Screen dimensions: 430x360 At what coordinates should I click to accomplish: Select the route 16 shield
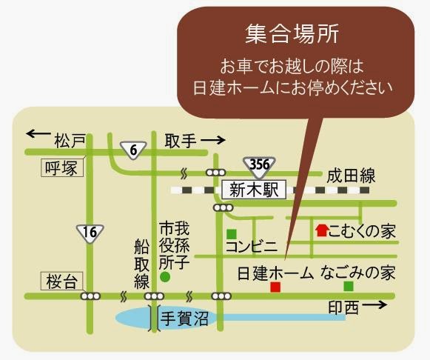[90, 234]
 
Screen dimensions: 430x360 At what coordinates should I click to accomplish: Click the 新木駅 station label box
[254, 190]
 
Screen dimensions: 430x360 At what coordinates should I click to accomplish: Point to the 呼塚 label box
[62, 167]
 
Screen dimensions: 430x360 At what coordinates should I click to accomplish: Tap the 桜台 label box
[61, 281]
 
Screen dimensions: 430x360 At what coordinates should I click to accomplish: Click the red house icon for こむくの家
[321, 230]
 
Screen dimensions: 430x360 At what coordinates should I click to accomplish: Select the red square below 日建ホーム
[275, 287]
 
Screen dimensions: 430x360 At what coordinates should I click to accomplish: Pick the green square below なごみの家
[349, 287]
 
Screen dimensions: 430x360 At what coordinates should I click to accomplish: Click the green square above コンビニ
[232, 234]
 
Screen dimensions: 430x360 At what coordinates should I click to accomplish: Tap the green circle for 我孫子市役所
[165, 277]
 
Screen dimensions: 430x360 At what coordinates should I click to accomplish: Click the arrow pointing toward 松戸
[38, 134]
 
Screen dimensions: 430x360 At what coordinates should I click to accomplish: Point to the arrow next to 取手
[213, 140]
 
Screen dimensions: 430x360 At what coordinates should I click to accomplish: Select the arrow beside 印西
[374, 304]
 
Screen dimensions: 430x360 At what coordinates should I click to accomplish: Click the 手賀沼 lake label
[184, 319]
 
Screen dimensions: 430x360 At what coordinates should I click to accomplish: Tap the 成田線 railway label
[351, 176]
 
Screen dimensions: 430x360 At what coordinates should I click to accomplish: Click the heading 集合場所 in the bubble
[292, 34]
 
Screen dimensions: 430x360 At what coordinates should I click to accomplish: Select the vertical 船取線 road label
[142, 264]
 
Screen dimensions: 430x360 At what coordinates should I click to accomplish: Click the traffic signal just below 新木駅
[224, 207]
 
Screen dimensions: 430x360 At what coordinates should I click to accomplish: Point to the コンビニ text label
[252, 247]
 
